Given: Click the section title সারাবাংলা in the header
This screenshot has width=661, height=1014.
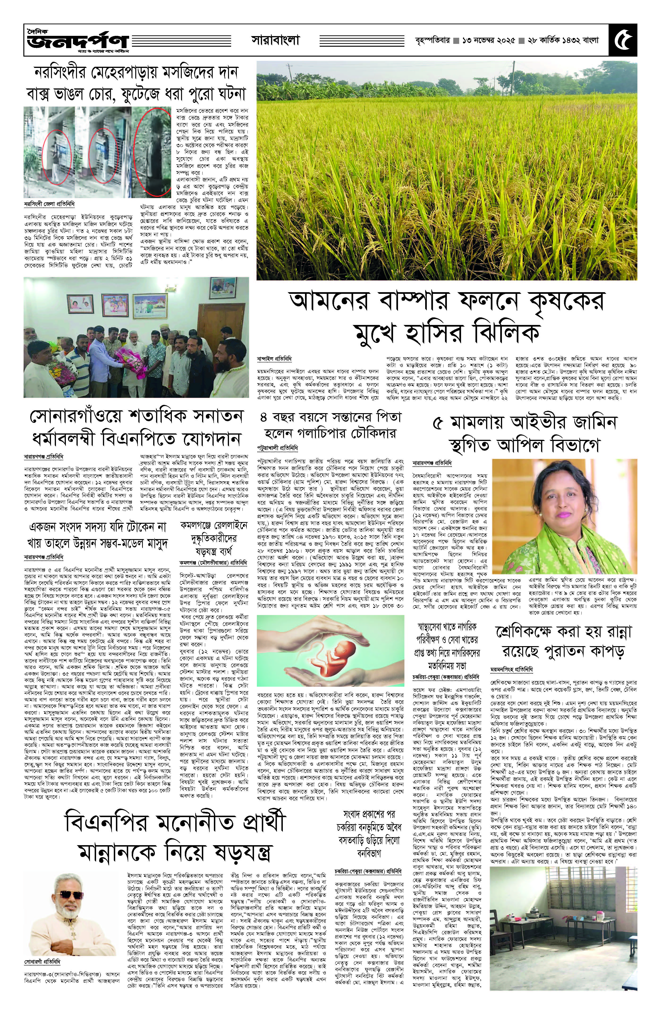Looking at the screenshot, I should [275, 41].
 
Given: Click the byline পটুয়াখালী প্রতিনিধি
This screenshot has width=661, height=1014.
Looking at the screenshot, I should [277, 448].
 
